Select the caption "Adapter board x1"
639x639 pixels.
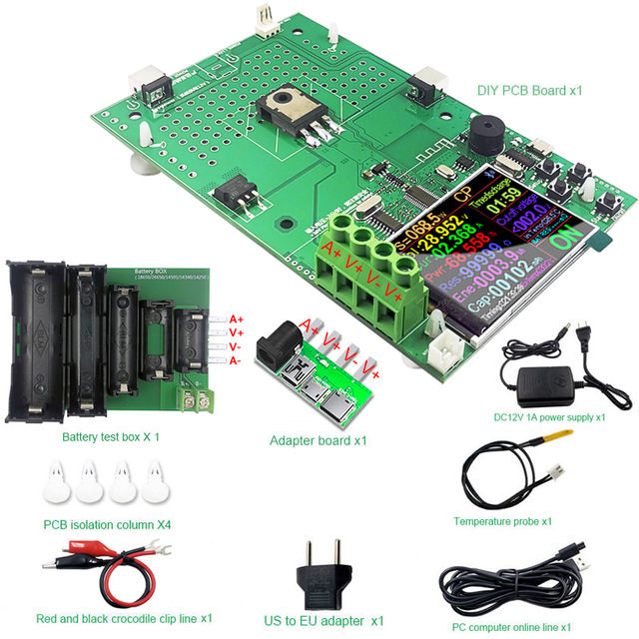point(319,439)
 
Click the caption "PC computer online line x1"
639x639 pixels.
point(510,626)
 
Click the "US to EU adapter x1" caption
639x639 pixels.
point(323,620)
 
